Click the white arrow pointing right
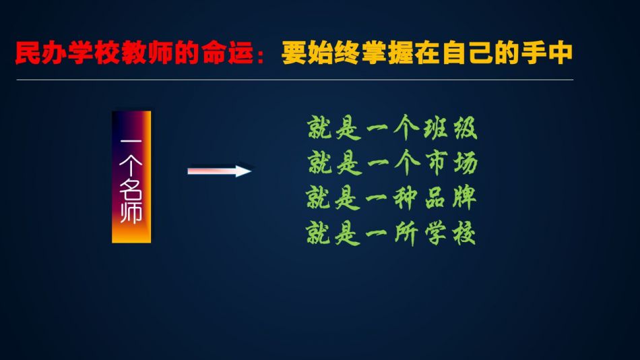pyautogui.click(x=219, y=171)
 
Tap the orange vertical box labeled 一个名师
pyautogui.click(x=131, y=177)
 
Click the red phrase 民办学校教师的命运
pyautogui.click(x=134, y=53)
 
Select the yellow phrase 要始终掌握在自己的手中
pyautogui.click(x=426, y=53)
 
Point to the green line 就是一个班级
pyautogui.click(x=392, y=128)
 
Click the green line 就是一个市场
pyautogui.click(x=393, y=162)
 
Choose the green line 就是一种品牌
pyautogui.click(x=391, y=198)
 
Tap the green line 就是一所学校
pyautogui.click(x=391, y=233)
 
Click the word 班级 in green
pyautogui.click(x=450, y=128)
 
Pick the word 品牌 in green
pyautogui.click(x=451, y=198)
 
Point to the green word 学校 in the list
pyautogui.click(x=450, y=233)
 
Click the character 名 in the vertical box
pyautogui.click(x=131, y=188)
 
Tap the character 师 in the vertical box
pyautogui.click(x=131, y=212)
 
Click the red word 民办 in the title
pyautogui.click(x=41, y=53)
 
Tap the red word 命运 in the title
pyautogui.click(x=227, y=53)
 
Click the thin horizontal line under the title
pyautogui.click(x=294, y=80)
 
